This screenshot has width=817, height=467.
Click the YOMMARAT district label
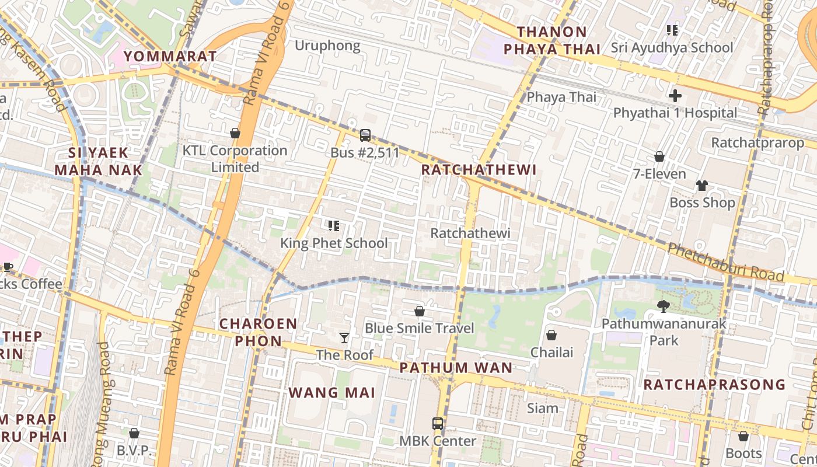coord(170,56)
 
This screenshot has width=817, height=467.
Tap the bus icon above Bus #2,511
coord(365,135)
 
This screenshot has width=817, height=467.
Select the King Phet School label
coord(334,243)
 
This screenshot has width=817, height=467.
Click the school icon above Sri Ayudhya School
coord(672,30)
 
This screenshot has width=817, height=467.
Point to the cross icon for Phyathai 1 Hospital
coord(675,96)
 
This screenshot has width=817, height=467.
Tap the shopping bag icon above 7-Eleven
coord(659,156)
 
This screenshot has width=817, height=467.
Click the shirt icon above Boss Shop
coord(701,186)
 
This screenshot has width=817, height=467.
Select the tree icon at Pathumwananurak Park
coord(663,306)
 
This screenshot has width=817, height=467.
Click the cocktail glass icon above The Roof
coord(344,337)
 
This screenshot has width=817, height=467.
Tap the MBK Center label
coord(438,441)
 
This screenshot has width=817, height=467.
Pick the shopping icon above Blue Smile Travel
coord(419,311)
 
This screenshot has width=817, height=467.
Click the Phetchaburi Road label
coord(725,261)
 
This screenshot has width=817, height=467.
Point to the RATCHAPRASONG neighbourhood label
coord(714,385)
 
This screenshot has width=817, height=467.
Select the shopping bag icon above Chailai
coord(551,335)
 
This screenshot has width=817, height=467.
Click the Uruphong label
coord(327,46)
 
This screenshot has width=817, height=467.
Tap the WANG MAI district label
coord(331,392)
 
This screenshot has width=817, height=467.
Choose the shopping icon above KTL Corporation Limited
coord(235,133)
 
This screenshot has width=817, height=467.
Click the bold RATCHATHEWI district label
coord(478,170)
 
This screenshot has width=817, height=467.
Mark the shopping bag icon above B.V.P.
coord(134,433)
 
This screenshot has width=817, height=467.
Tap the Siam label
coord(543,408)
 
